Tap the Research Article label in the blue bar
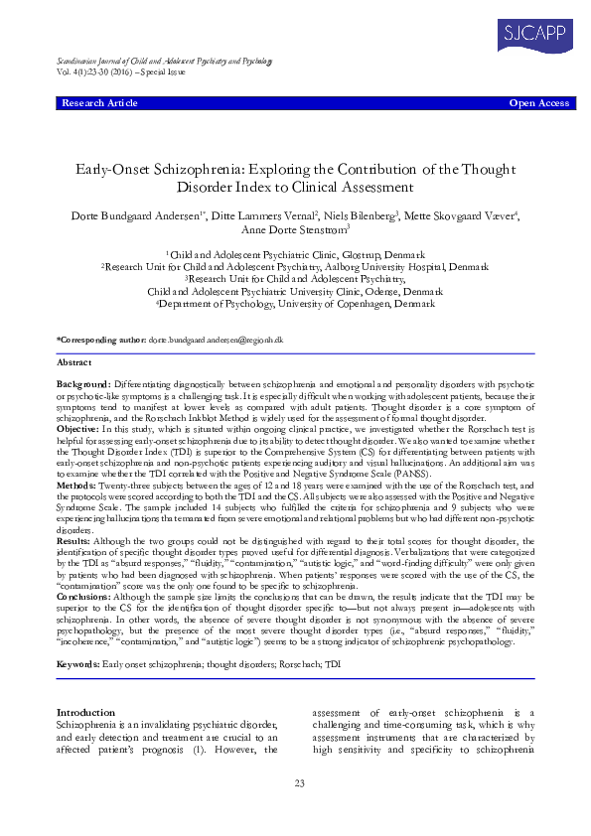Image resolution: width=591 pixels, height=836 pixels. click(x=99, y=103)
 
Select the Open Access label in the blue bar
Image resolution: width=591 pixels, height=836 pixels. click(x=539, y=103)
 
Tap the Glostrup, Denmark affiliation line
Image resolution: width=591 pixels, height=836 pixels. click(x=295, y=256)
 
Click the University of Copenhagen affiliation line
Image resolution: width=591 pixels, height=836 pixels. click(x=295, y=304)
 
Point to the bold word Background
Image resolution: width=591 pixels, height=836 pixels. click(x=83, y=382)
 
